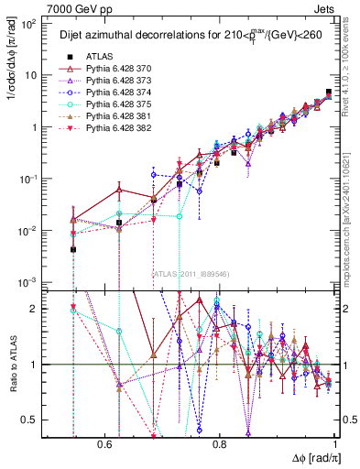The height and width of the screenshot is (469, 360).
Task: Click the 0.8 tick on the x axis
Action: [x=220, y=444]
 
